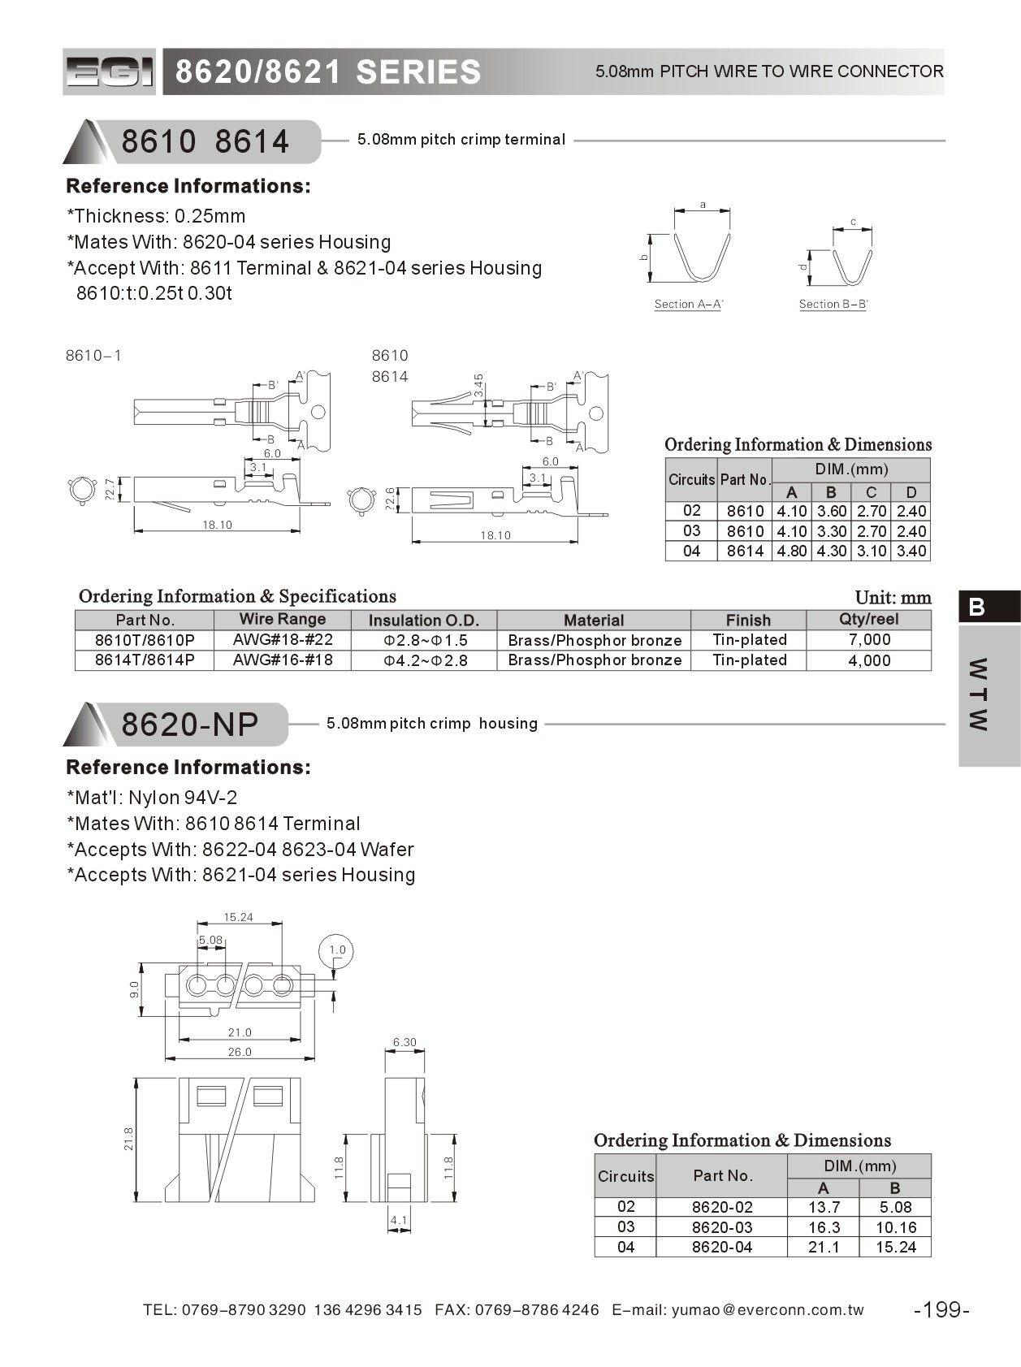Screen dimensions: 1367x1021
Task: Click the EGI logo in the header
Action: pyautogui.click(x=109, y=72)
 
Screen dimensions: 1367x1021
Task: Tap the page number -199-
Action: pyautogui.click(x=941, y=1309)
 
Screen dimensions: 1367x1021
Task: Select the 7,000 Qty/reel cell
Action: pyautogui.click(x=869, y=640)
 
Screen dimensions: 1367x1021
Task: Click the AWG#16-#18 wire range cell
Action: pyautogui.click(x=282, y=660)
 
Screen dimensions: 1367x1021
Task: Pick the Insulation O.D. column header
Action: pyautogui.click(x=423, y=620)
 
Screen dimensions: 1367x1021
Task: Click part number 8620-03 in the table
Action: pyautogui.click(x=722, y=1227)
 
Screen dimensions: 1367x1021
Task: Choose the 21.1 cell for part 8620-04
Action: pyautogui.click(x=824, y=1247)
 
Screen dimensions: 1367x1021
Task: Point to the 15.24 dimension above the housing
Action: pyautogui.click(x=239, y=917)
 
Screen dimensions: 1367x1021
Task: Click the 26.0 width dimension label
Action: pyautogui.click(x=240, y=1052)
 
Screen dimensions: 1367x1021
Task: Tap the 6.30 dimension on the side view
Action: pyautogui.click(x=404, y=1042)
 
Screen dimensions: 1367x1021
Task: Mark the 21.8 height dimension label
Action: pyautogui.click(x=129, y=1139)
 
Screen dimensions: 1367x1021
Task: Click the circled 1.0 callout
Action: pyautogui.click(x=337, y=950)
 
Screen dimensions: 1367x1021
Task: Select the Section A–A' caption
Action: pyautogui.click(x=689, y=304)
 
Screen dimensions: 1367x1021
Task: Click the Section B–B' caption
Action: pyautogui.click(x=833, y=304)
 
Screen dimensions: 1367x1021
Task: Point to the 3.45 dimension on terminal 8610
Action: pyautogui.click(x=479, y=385)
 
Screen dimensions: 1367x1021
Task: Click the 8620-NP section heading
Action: pyautogui.click(x=190, y=724)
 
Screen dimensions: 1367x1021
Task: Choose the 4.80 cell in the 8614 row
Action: pyautogui.click(x=791, y=551)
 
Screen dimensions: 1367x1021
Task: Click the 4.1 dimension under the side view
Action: pyautogui.click(x=399, y=1220)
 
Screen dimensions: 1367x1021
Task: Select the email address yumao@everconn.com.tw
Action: pyautogui.click(x=768, y=1309)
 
